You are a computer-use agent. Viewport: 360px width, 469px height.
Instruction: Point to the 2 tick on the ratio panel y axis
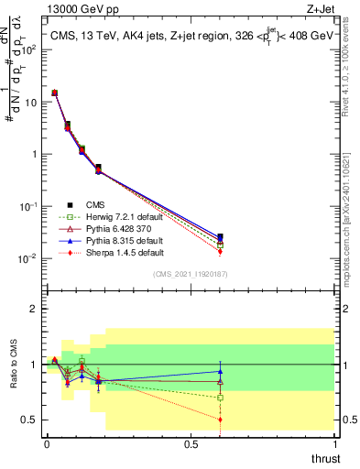click(x=34, y=309)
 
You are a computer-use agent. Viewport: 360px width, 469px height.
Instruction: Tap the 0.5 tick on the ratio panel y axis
click(x=30, y=420)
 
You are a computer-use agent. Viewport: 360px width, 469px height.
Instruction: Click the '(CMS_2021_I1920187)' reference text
click(x=190, y=273)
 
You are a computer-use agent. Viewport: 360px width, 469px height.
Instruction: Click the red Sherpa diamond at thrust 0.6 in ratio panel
click(x=220, y=420)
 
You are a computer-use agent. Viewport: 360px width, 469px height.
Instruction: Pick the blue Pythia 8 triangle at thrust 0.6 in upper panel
click(x=220, y=236)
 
